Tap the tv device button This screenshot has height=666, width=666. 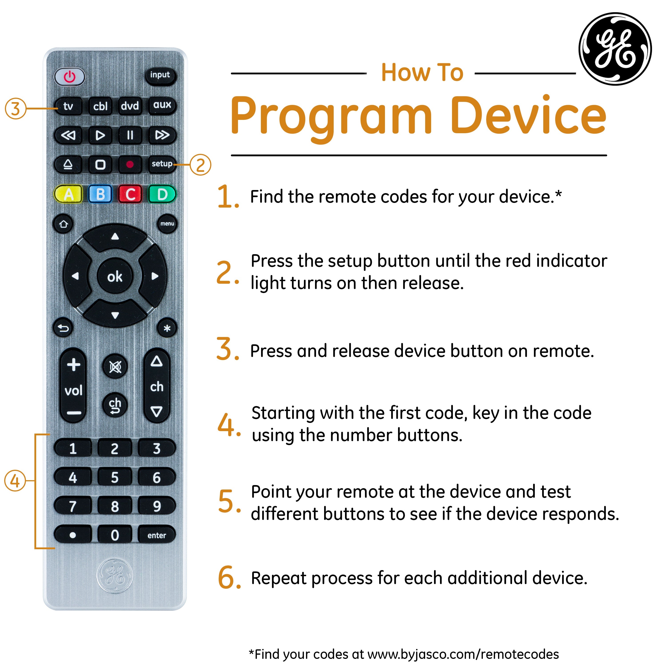coord(68,106)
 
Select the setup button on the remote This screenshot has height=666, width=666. coord(162,164)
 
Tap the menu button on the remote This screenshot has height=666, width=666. coord(167,224)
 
